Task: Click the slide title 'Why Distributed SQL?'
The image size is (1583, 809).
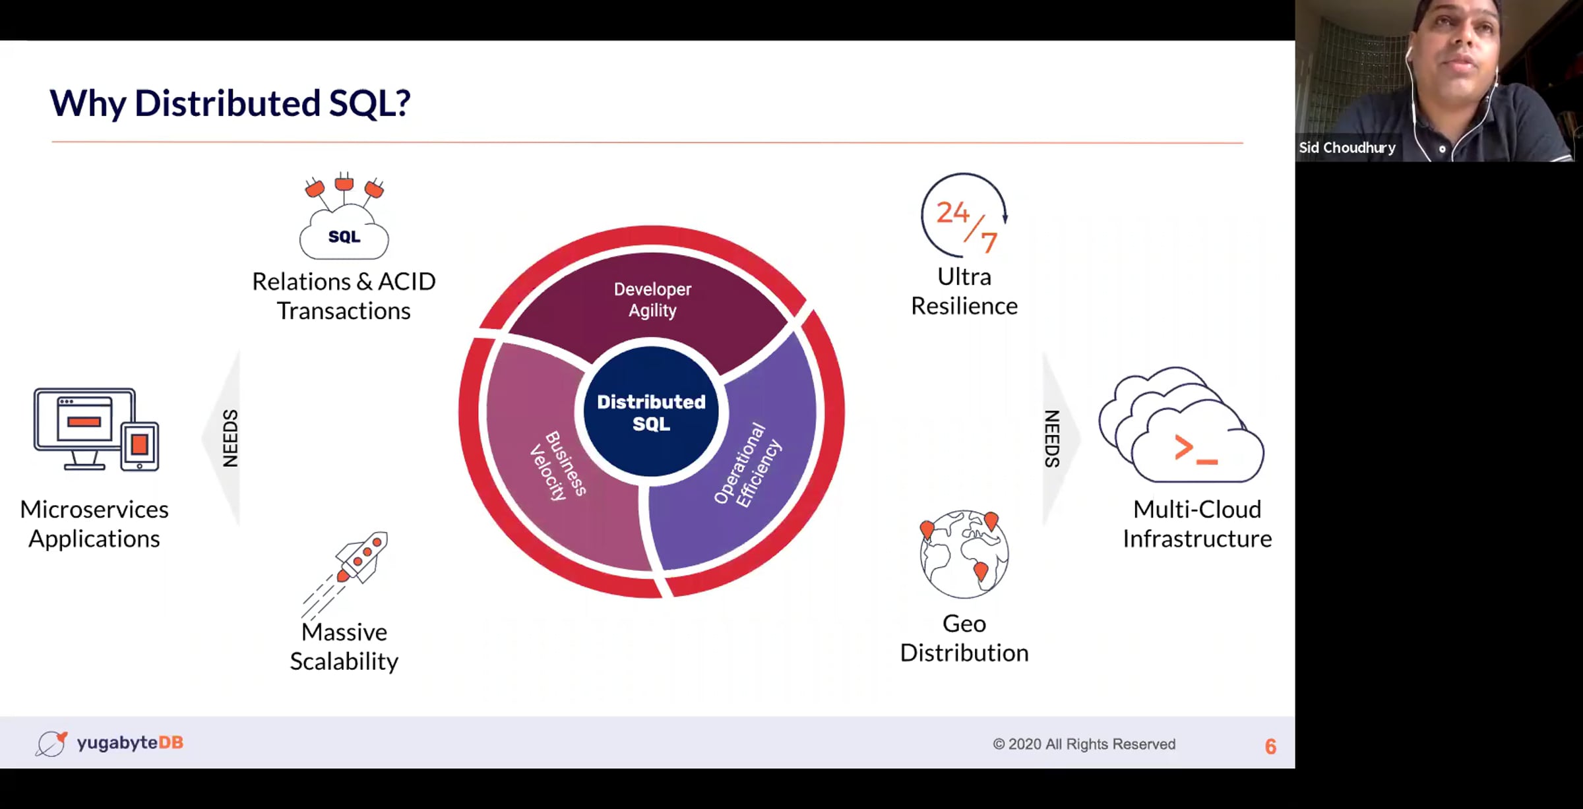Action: [x=230, y=104]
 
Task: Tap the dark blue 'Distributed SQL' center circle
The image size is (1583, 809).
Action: [x=651, y=411]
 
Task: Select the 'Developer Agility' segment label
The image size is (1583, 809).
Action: [x=652, y=299]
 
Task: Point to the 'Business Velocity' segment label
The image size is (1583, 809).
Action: [x=558, y=465]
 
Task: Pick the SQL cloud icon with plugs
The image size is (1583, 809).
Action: [x=344, y=216]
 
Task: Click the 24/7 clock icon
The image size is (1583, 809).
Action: [x=964, y=215]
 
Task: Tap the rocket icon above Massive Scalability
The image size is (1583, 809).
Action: [x=345, y=573]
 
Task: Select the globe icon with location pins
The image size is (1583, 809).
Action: [x=964, y=554]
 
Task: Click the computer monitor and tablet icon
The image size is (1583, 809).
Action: [x=96, y=429]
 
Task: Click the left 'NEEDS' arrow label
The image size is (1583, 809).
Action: [x=230, y=438]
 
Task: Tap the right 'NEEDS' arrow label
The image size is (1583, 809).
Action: [x=1052, y=438]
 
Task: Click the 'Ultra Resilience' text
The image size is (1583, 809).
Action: [x=964, y=291]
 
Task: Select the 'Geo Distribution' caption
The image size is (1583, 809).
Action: [x=964, y=638]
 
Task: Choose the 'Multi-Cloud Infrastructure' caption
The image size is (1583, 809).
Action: [x=1197, y=524]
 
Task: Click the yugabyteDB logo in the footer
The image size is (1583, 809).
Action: [x=109, y=743]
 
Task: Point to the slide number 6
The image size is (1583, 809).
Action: [x=1270, y=746]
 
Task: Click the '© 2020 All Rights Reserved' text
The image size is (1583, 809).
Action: [x=1084, y=744]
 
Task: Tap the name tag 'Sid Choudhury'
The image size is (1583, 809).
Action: [x=1347, y=148]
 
